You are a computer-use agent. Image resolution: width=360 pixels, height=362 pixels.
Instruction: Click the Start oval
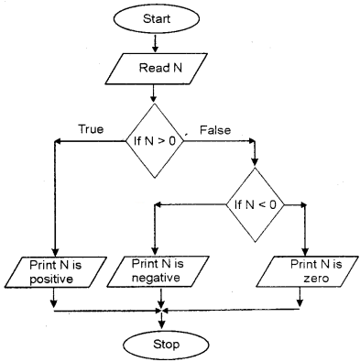tap(154, 18)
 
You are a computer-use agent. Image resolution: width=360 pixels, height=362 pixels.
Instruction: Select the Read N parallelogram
tap(154, 69)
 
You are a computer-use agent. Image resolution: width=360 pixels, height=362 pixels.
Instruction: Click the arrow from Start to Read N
tap(154, 43)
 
